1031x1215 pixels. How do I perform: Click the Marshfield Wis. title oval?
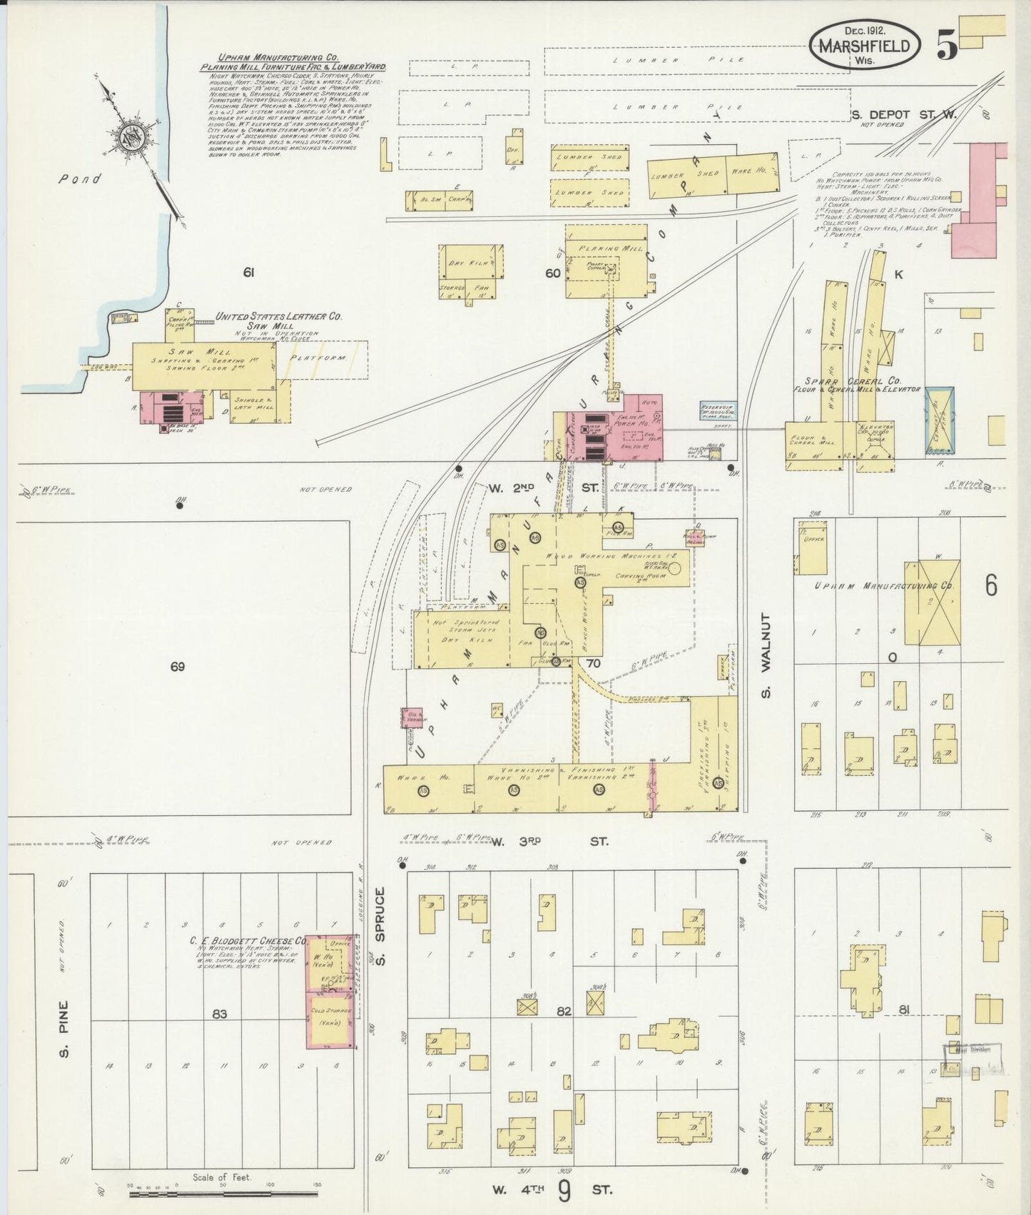(x=863, y=46)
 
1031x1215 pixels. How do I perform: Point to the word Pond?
(x=79, y=179)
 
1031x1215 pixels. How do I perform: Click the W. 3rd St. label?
(x=549, y=842)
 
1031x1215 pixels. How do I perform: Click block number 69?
(x=178, y=666)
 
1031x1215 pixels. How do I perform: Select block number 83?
(x=219, y=1013)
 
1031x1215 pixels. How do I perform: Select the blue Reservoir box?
(x=720, y=411)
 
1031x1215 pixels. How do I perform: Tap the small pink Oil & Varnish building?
(x=413, y=719)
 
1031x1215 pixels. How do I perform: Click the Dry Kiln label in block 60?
(x=467, y=263)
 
